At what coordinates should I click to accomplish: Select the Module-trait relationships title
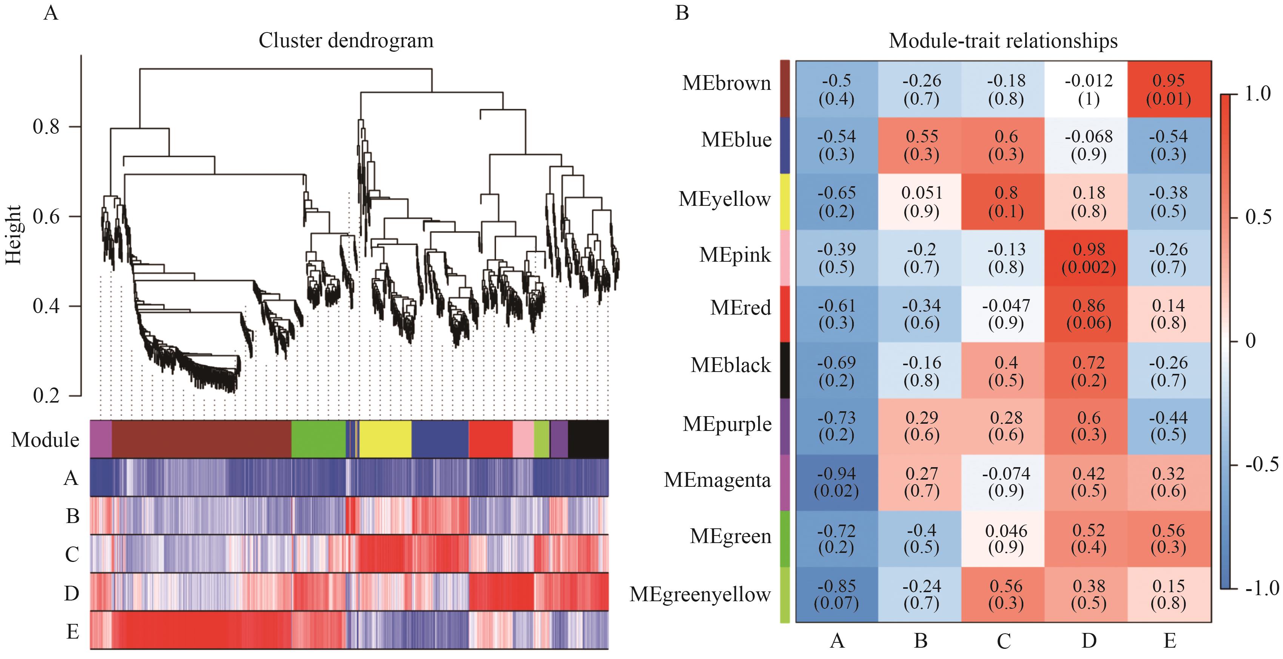tap(1003, 41)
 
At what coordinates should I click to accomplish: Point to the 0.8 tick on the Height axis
tap(46, 127)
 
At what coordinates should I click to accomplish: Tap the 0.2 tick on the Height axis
tap(46, 396)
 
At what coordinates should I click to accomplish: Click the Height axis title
tap(14, 235)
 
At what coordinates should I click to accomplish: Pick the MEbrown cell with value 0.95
tap(1169, 89)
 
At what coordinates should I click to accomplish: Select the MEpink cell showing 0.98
tap(1089, 258)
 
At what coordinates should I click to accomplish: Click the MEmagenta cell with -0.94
tap(836, 482)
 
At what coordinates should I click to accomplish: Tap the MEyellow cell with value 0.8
tap(1005, 202)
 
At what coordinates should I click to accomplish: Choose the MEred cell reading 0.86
tap(1089, 314)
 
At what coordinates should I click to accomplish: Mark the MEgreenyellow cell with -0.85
tap(836, 594)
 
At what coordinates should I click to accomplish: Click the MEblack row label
tap(731, 365)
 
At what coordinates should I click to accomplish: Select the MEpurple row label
tap(727, 424)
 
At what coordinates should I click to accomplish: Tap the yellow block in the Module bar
tap(386, 439)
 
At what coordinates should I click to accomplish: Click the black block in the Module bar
tap(588, 439)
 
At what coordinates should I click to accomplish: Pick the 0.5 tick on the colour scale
tap(1258, 217)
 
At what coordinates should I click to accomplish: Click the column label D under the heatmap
tap(1089, 640)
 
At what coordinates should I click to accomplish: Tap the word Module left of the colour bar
tap(45, 440)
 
